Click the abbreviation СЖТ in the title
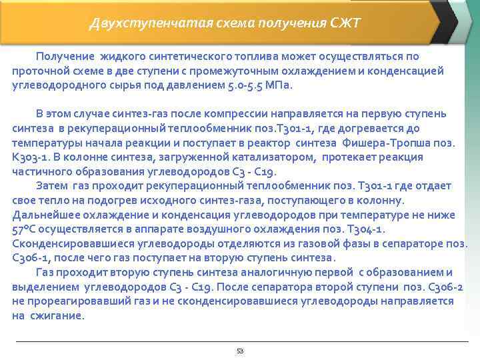click(x=345, y=24)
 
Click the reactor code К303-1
click(x=32, y=157)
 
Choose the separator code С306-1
click(x=31, y=258)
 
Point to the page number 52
click(x=240, y=350)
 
